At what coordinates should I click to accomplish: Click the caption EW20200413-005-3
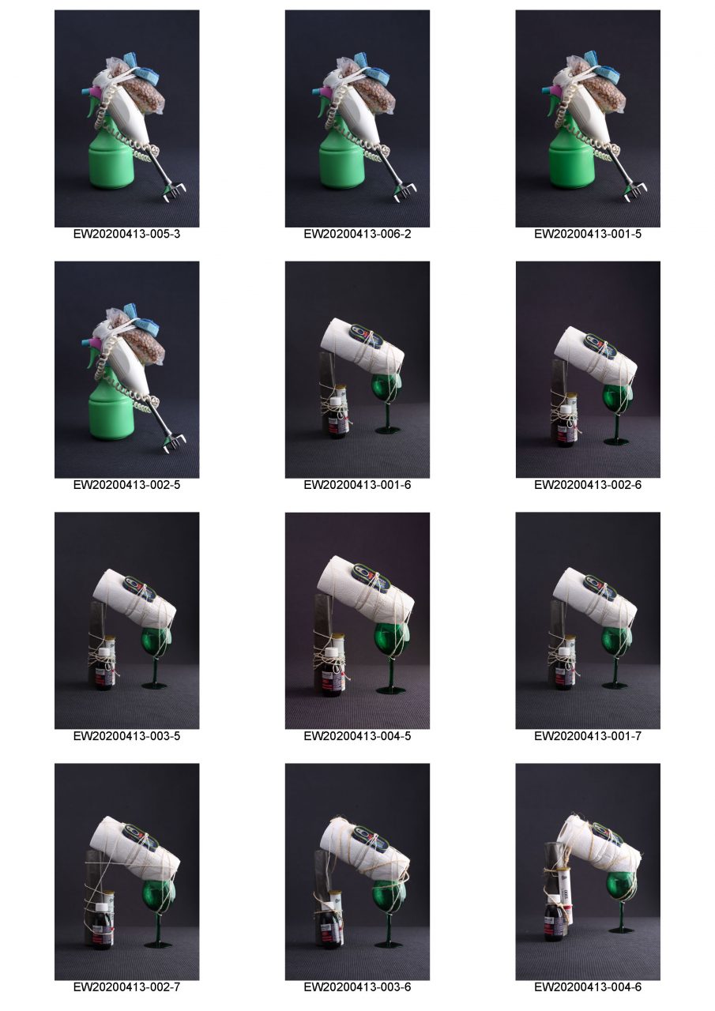pos(126,235)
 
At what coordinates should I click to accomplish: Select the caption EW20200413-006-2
pos(357,235)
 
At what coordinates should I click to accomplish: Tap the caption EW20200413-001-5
pos(588,235)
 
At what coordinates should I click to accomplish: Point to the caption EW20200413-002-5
pos(126,485)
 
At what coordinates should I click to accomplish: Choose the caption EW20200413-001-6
pos(357,485)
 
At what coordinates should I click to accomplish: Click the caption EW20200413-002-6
pos(588,485)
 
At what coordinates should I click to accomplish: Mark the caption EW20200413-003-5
pos(126,736)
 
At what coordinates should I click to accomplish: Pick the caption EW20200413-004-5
pos(357,736)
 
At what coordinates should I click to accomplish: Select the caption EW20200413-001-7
pos(588,736)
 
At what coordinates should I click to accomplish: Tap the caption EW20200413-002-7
pos(126,987)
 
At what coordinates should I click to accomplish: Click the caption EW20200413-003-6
pos(357,987)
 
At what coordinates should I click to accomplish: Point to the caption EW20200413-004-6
pos(588,987)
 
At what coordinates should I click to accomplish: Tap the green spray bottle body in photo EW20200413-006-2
pos(342,163)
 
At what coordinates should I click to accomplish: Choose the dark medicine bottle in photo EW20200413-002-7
pos(103,927)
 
